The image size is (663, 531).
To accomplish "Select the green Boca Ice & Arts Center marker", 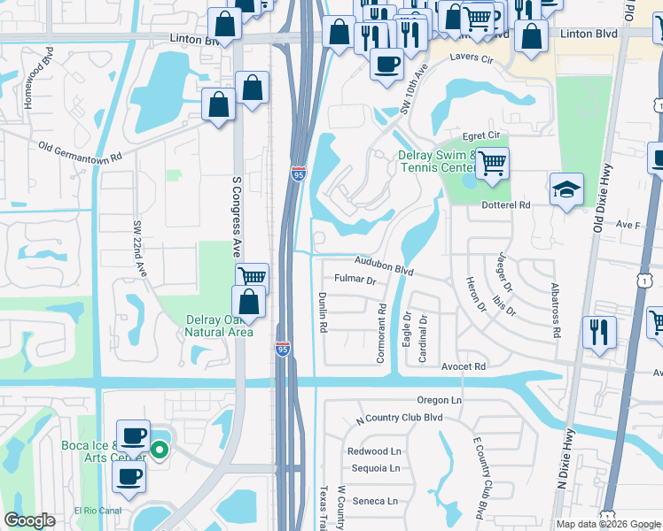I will [160, 450].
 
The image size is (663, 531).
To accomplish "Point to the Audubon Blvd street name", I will [385, 264].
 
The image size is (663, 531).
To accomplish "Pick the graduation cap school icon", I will [566, 189].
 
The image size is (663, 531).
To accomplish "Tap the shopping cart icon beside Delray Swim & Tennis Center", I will [492, 163].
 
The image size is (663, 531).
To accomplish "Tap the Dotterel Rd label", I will [505, 204].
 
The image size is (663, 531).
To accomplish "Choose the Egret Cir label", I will [482, 135].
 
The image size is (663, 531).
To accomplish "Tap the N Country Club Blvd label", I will [398, 418].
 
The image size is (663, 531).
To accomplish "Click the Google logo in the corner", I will [30, 520].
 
